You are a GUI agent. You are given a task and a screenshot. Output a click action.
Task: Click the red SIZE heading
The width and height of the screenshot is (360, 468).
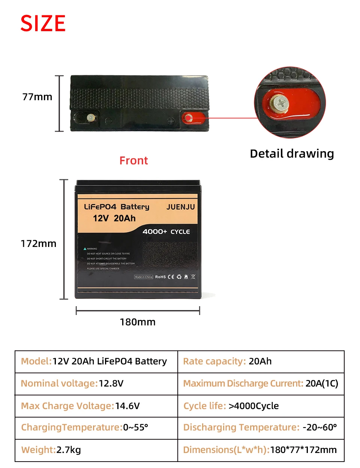tap(43, 23)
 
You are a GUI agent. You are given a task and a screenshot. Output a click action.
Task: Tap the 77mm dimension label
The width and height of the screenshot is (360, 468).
tap(37, 97)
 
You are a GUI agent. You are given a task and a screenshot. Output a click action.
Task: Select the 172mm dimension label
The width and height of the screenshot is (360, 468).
tap(38, 244)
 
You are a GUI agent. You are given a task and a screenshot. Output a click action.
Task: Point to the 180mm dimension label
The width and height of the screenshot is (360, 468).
tap(137, 322)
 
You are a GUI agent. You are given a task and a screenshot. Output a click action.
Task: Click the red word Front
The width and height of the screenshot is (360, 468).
tap(133, 161)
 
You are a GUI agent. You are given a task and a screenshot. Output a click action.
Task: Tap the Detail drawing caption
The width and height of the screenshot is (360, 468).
tap(292, 153)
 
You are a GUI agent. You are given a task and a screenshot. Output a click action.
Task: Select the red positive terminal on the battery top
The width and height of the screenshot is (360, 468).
tap(189, 119)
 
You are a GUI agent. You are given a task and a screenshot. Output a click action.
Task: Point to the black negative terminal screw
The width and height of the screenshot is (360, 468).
tap(90, 117)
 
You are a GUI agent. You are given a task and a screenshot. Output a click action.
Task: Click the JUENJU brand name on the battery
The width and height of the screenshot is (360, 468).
tap(180, 207)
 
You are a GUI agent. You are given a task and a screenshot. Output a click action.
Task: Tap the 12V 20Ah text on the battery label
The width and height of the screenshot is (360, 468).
tap(114, 218)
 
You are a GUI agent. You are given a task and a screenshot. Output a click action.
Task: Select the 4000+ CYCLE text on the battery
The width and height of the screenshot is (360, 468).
tap(166, 232)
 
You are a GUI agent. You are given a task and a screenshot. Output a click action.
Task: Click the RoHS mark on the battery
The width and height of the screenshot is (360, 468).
tap(160, 277)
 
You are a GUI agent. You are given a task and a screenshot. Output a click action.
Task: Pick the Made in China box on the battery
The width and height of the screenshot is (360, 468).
tap(144, 277)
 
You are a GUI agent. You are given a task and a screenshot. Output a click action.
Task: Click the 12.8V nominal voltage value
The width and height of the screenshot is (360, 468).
tap(111, 384)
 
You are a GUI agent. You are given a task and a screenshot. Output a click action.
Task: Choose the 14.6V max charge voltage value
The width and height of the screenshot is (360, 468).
tap(127, 406)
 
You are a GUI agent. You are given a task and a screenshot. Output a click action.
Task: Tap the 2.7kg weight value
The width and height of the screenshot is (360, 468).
tap(69, 450)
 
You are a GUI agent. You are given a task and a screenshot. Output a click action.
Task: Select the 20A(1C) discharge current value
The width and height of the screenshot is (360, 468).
tap(322, 384)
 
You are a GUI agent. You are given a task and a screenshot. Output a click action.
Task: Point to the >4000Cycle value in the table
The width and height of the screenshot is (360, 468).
tap(253, 406)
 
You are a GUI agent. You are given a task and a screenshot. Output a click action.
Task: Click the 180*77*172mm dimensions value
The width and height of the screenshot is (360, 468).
tap(303, 450)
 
